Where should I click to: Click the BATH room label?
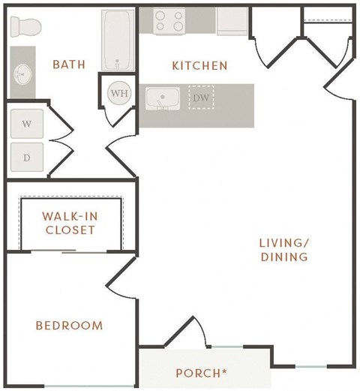(68, 65)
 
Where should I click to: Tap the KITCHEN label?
(199, 66)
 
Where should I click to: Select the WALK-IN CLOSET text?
(69, 223)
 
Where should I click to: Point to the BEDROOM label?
(69, 326)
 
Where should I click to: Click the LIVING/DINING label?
(283, 250)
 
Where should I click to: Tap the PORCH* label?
(202, 372)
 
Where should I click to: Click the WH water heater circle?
(118, 94)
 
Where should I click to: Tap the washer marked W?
(26, 123)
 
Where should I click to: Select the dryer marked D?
(26, 158)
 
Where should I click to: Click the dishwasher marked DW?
(200, 98)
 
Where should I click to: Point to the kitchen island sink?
(160, 98)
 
